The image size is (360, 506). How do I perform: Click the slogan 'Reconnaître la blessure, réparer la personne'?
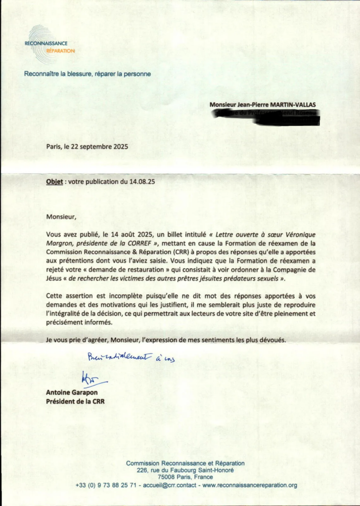(x=88, y=74)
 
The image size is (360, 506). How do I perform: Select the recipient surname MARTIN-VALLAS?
(x=292, y=105)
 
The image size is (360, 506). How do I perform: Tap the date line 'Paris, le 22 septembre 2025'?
(x=87, y=146)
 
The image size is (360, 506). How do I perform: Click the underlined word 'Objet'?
(x=54, y=181)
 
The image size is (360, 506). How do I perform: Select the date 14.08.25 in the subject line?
(x=142, y=181)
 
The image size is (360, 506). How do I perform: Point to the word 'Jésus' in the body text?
(x=55, y=278)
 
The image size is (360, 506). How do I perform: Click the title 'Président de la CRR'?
(x=75, y=401)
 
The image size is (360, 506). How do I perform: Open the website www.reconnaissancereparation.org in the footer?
(x=250, y=485)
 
